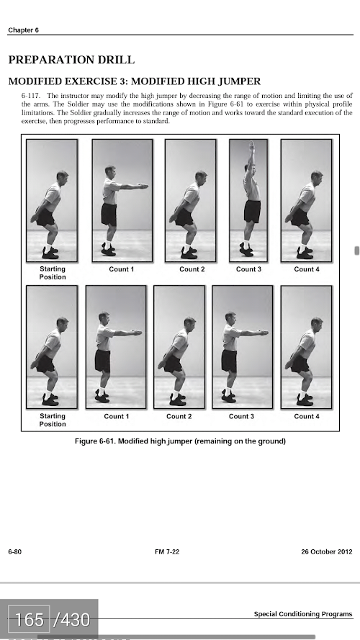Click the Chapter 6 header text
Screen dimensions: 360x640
(x=23, y=30)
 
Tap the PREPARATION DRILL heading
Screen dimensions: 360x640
(x=71, y=60)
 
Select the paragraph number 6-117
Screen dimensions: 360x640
(x=31, y=96)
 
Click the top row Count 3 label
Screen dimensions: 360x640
(x=248, y=269)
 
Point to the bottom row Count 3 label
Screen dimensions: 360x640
(x=241, y=416)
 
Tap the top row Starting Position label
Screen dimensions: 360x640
(x=53, y=273)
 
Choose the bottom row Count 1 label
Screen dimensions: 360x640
(x=117, y=416)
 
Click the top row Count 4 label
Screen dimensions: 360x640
(x=307, y=269)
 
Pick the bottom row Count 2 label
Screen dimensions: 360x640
(x=179, y=416)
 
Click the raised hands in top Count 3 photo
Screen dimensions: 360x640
(x=252, y=147)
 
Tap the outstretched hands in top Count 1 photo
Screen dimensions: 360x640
(x=143, y=186)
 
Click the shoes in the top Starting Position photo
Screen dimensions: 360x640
(x=50, y=253)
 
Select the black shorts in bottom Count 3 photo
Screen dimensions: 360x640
(x=229, y=361)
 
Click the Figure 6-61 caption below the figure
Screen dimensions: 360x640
(x=180, y=441)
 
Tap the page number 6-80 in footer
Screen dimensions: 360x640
(x=14, y=552)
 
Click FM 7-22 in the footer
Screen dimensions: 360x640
(x=167, y=552)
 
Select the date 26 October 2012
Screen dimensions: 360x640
(x=327, y=552)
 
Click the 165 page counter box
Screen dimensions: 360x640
(x=29, y=620)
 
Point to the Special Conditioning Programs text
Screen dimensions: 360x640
(x=303, y=614)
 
